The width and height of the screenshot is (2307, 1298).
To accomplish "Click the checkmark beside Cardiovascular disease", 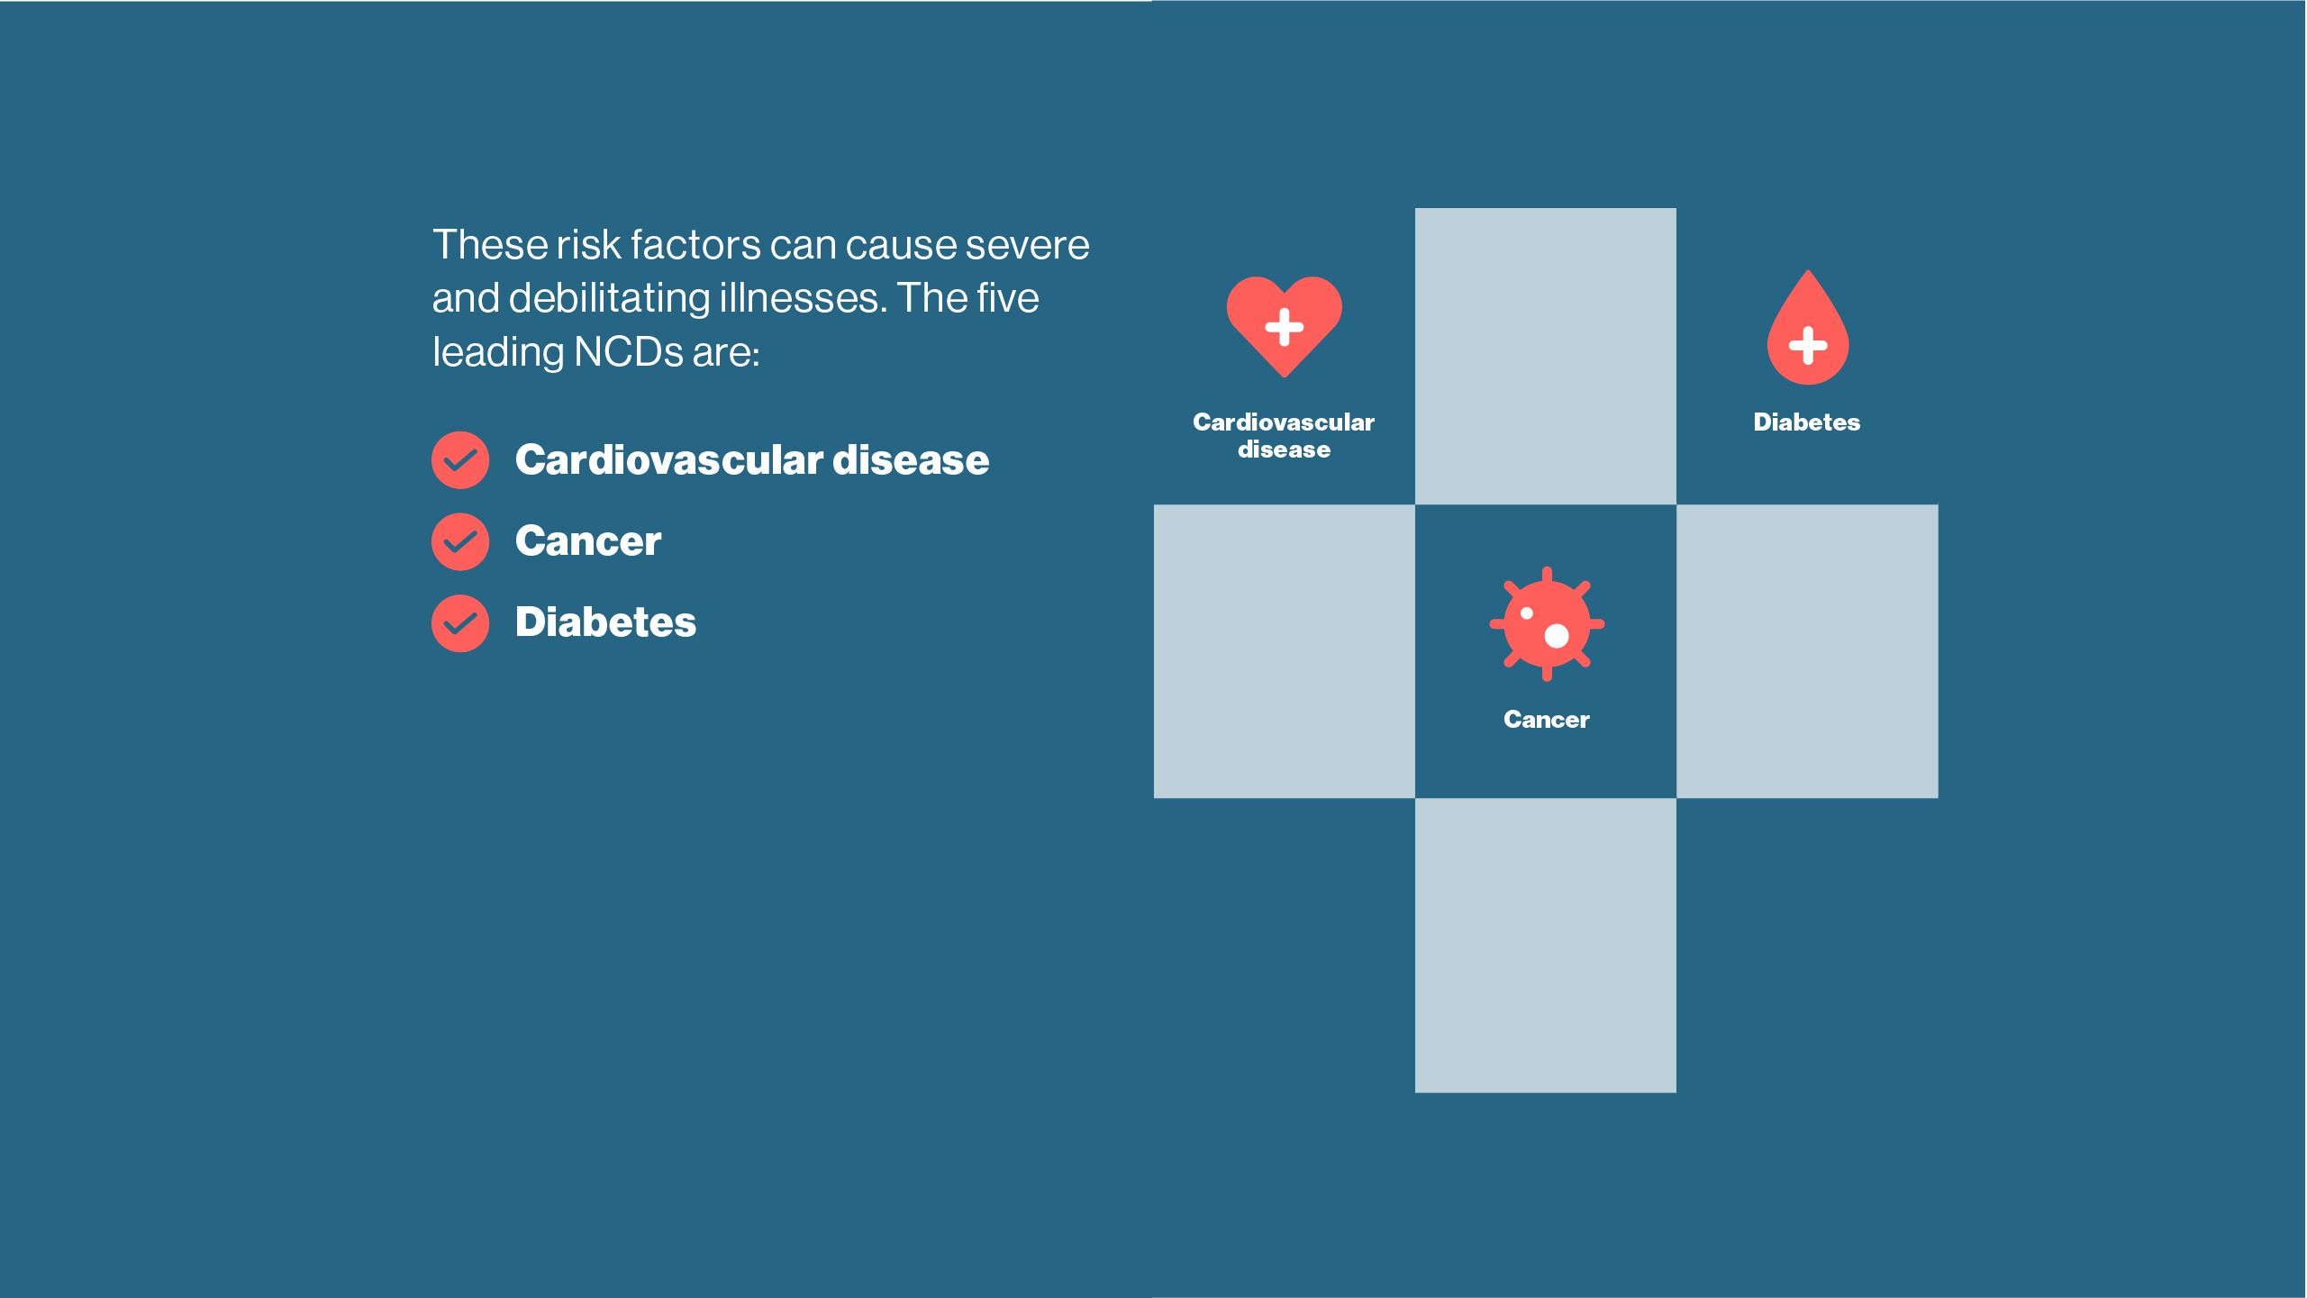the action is [460, 460].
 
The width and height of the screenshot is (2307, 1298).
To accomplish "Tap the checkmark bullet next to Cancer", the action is [460, 541].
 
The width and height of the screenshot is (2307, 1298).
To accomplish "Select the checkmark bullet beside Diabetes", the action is [460, 622].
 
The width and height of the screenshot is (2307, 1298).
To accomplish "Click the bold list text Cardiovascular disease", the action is [752, 459].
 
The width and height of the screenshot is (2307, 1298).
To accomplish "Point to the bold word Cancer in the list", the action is [588, 541].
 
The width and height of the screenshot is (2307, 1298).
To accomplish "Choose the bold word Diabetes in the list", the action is [605, 622].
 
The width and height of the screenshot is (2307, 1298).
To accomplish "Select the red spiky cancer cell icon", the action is [1547, 623].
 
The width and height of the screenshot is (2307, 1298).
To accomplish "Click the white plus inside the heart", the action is [1285, 327].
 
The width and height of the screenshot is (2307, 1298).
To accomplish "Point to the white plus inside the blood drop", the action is [1808, 345].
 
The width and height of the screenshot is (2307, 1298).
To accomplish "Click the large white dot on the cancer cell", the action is [1557, 636].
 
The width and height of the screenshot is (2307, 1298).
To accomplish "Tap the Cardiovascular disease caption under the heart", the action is [1284, 435].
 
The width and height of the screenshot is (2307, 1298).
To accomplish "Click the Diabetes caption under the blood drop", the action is [1807, 422].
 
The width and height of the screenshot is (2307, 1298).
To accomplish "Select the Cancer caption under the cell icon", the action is [1547, 720].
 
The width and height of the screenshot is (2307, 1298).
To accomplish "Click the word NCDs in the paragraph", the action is [629, 351].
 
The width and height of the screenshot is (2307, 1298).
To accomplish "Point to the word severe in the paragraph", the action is [1027, 245].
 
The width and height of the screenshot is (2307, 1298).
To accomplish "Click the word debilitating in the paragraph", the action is [609, 298].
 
